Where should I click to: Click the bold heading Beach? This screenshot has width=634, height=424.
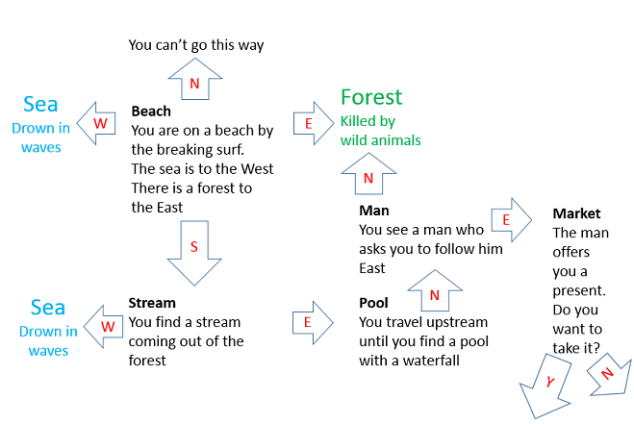coord(151,112)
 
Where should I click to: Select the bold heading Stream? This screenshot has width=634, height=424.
coord(152,303)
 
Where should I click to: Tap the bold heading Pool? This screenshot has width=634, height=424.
coord(373,303)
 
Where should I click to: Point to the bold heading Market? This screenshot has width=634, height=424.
coord(576,213)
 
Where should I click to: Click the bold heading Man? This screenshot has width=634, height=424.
coord(374,211)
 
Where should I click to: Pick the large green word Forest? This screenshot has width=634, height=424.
coord(371,97)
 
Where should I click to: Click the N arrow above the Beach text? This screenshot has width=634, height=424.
coord(195,79)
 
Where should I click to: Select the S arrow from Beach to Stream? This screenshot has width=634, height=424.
coord(194,253)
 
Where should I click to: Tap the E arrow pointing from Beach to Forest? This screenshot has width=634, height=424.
coord(314,123)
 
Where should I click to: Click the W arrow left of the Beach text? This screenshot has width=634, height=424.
coord(96,123)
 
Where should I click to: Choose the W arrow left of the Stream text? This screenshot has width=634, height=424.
coord(104,327)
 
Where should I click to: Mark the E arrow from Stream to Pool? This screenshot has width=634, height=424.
coord(313,322)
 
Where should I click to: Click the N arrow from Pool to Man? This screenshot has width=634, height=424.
coord(435,290)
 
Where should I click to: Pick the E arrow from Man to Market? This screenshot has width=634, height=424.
coord(512,220)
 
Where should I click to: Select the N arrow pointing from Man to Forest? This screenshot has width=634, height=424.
coord(368,174)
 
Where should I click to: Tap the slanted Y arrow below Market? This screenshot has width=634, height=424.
coord(546,386)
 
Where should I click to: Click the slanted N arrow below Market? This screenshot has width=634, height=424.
coord(609,374)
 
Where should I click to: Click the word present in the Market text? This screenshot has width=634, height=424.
coord(579,290)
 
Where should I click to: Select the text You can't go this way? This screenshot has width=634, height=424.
coord(196,45)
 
